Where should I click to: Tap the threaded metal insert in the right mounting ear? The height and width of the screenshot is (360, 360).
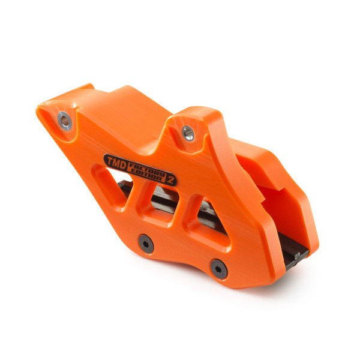point(188,133)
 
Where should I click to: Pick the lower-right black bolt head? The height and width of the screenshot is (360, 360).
point(218,267)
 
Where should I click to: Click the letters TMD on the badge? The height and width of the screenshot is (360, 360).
point(115,161)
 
